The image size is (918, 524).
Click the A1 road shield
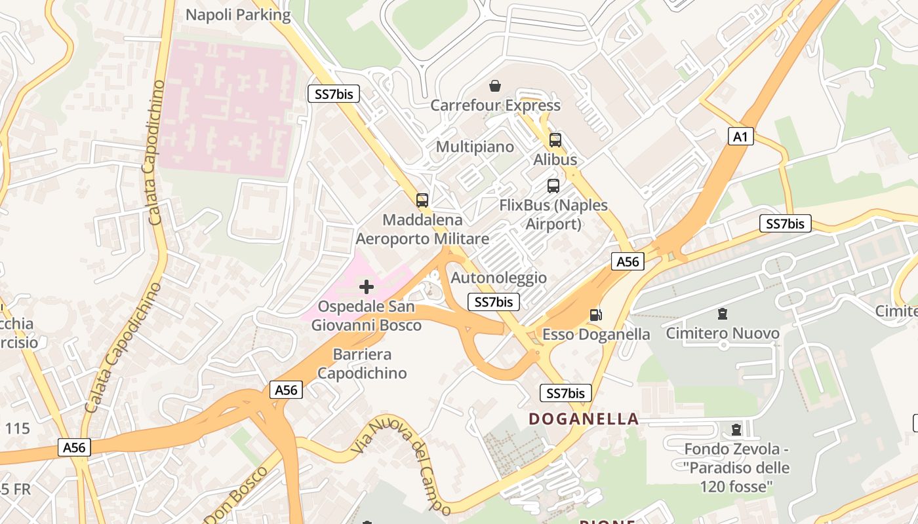coord(740,136)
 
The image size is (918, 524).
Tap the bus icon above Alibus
coord(555,140)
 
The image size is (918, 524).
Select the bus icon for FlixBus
coord(553,185)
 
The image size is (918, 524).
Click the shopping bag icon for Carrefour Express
coord(495,86)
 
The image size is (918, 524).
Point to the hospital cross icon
coord(367,286)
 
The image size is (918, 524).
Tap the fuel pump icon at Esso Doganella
coord(595,315)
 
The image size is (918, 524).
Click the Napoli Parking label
coord(238,14)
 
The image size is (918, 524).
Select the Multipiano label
coord(475,146)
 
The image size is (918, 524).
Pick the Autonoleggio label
coord(498,278)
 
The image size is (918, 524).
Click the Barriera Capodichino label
coord(362,364)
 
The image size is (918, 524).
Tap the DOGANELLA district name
coord(584,419)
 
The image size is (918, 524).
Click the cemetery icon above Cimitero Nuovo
coord(723,314)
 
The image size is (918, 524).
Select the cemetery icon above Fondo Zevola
coord(736,430)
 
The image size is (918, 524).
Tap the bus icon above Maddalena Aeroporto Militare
coord(422,200)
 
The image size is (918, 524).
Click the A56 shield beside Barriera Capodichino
coord(286,390)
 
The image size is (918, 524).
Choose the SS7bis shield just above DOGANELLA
coord(565,393)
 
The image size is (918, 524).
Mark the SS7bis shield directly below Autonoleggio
coord(494,302)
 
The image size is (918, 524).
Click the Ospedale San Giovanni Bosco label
coord(366,316)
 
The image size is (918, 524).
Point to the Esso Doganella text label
coord(596,334)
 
